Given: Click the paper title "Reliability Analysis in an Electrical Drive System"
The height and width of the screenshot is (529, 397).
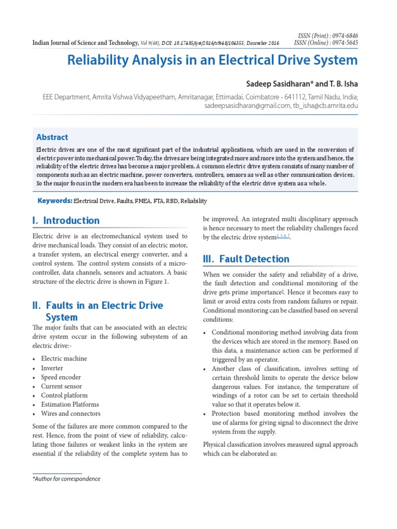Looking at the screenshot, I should pyautogui.click(x=212, y=60).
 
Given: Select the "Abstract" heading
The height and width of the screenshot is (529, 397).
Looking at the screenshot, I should pyautogui.click(x=52, y=137).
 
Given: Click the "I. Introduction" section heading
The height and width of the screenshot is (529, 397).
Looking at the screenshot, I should pyautogui.click(x=66, y=221).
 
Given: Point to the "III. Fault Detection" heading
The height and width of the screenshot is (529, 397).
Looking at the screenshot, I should pyautogui.click(x=246, y=259).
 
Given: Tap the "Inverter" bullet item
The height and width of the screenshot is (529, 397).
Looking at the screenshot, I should pyautogui.click(x=52, y=368).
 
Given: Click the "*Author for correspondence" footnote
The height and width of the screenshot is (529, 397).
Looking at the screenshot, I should pyautogui.click(x=66, y=479).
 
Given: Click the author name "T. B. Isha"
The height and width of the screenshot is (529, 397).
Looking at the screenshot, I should pyautogui.click(x=341, y=84).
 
